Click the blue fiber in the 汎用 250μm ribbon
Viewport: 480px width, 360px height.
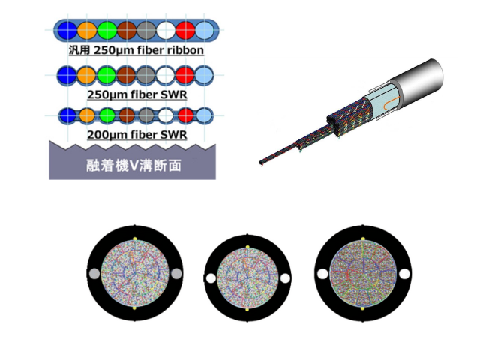pyautogui.click(x=67, y=30)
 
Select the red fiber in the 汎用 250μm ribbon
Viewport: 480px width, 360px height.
pyautogui.click(x=185, y=30)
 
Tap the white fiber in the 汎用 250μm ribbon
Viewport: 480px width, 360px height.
pyautogui.click(x=166, y=30)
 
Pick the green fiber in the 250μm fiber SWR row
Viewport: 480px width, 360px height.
pyautogui.click(x=106, y=75)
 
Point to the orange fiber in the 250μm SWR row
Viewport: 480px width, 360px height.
pyautogui.click(x=87, y=75)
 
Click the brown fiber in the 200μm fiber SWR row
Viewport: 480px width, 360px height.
pyautogui.click(x=127, y=115)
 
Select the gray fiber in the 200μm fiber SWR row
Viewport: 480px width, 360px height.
pyautogui.click(x=146, y=115)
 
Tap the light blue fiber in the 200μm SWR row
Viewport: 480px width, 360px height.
pyautogui.click(x=204, y=115)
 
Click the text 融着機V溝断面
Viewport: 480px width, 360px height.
pyautogui.click(x=133, y=166)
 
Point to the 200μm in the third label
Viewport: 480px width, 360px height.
pyautogui.click(x=107, y=135)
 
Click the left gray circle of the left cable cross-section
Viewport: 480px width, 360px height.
pyautogui.click(x=94, y=274)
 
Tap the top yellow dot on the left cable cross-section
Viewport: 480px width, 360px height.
pyautogui.click(x=135, y=238)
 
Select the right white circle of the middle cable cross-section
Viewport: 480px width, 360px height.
pyautogui.click(x=285, y=278)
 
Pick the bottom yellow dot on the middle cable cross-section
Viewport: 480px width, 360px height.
pyautogui.click(x=247, y=310)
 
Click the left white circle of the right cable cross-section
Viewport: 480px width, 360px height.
pyautogui.click(x=322, y=274)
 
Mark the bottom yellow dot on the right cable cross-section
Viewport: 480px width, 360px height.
pyautogui.click(x=363, y=308)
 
